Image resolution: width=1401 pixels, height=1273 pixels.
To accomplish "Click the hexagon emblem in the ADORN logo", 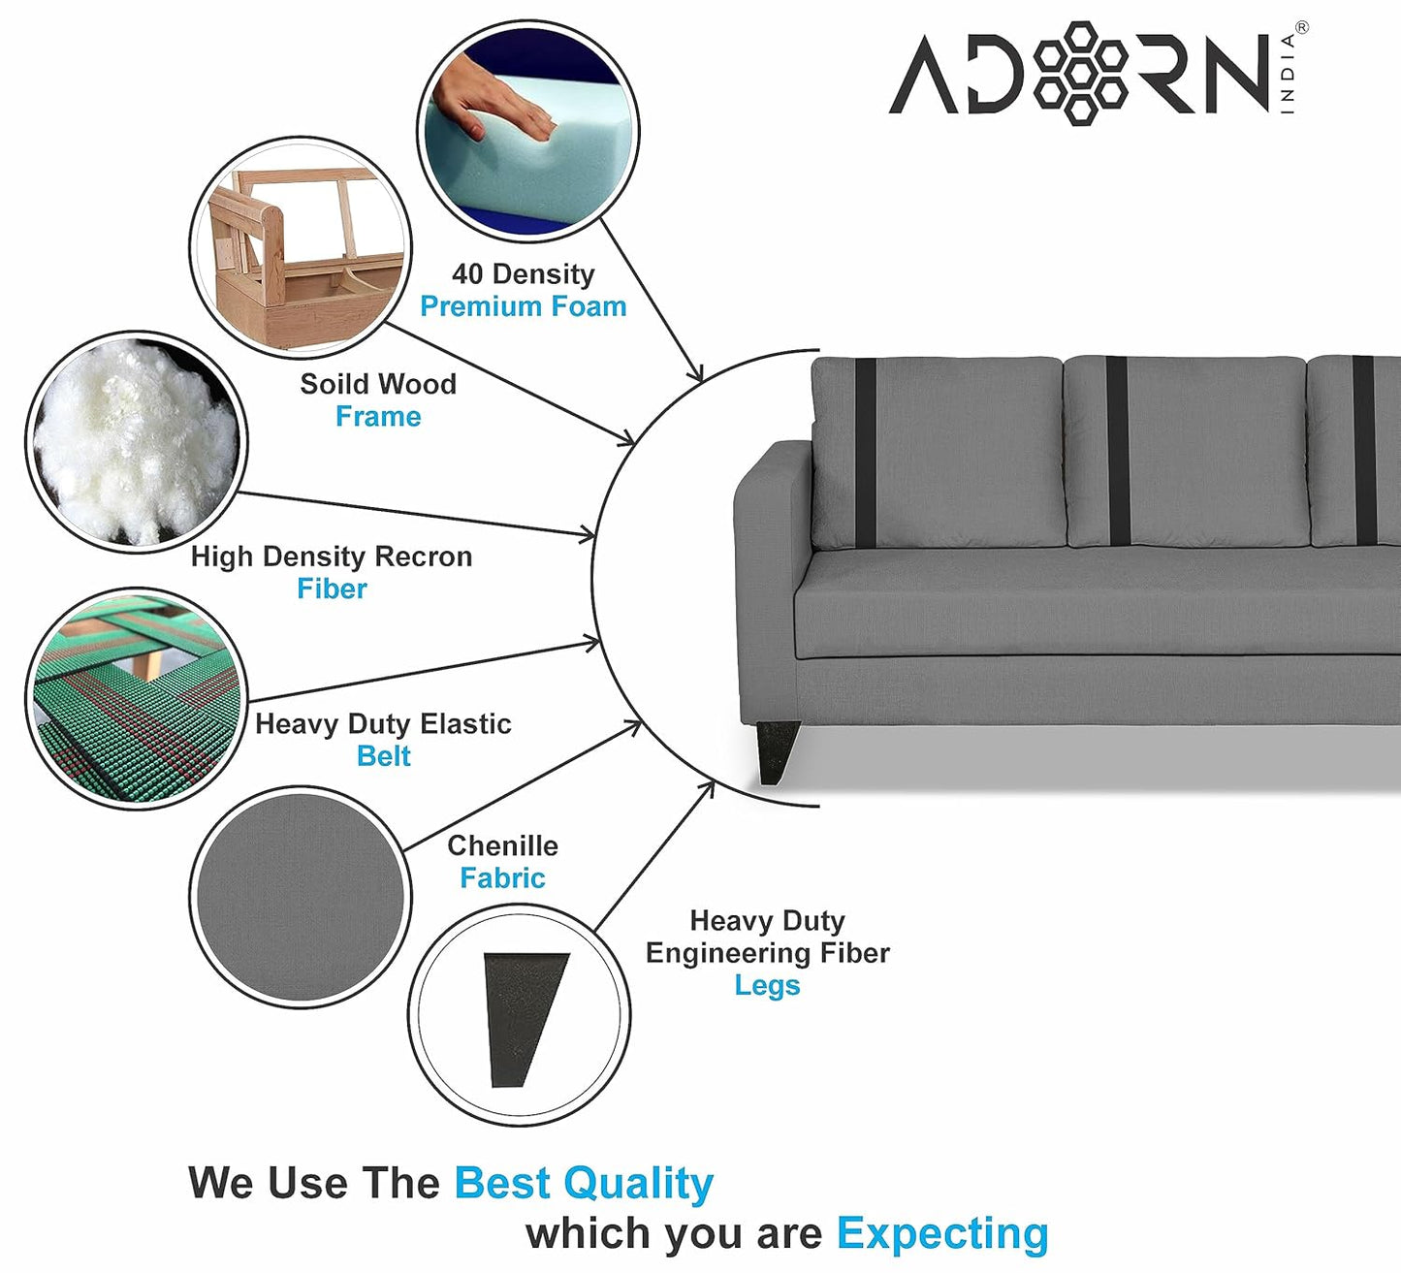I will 1080,73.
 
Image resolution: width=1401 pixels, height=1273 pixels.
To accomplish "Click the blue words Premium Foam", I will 523,306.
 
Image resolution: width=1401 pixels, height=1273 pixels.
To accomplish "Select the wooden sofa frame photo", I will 300,247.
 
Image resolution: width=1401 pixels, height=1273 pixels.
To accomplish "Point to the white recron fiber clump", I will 136,441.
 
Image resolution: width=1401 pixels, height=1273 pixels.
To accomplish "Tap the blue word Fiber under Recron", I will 332,589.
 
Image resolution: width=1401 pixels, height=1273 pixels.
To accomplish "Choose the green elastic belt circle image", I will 136,698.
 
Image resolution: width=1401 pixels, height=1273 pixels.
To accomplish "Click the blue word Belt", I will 383,756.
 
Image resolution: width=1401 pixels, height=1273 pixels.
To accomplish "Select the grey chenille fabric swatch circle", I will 300,897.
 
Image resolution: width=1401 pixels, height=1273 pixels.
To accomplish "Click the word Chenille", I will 502,845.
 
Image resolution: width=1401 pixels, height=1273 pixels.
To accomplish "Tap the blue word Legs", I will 767,985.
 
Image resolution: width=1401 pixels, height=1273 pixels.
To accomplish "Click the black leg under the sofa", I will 776,751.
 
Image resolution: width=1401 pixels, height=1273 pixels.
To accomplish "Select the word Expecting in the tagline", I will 942,1233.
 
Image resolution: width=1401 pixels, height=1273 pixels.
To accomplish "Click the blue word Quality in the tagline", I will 638,1183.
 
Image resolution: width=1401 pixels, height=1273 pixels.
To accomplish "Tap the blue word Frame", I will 378,417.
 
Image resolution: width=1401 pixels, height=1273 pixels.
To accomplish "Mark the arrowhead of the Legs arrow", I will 710,785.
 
